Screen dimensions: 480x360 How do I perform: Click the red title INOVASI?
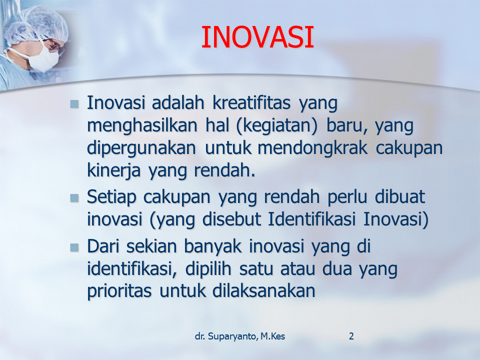pos(257,37)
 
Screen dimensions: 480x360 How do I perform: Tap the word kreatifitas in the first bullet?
pos(251,103)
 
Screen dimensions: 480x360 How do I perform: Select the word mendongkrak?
pos(312,148)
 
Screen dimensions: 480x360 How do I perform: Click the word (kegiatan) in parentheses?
pos(276,126)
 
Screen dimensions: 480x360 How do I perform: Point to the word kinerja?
pos(113,171)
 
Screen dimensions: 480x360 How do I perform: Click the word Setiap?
pos(111,197)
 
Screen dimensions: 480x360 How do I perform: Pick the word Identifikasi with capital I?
pos(311,219)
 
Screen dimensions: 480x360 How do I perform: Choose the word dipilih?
pos(208,269)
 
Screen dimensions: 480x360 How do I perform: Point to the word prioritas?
pos(119,291)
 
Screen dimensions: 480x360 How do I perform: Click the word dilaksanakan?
pos(263,291)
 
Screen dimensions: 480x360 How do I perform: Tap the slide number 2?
pos(351,336)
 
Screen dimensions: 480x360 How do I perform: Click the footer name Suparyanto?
pos(232,336)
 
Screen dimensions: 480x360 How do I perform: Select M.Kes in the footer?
pos(273,336)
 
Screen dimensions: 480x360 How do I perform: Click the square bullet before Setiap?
pos(74,198)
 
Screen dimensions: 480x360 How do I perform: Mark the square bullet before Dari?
pos(74,247)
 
